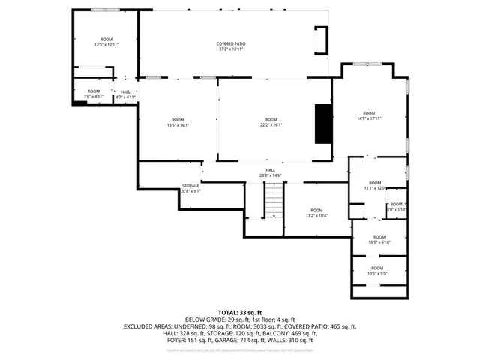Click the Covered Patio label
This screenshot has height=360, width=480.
click(232, 46)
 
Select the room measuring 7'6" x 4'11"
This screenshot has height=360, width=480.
click(91, 94)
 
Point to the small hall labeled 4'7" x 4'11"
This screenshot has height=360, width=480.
click(124, 94)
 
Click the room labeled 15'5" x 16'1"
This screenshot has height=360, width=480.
click(178, 122)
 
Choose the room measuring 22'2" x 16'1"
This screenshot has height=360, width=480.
click(271, 122)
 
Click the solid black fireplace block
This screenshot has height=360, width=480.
click(323, 123)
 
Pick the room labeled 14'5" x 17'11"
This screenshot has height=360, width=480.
click(368, 115)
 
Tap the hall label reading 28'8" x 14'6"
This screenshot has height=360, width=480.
click(270, 172)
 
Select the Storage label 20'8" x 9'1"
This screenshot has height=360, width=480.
click(190, 188)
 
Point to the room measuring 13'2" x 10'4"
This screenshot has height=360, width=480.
click(316, 212)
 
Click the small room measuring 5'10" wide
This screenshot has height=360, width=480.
click(397, 206)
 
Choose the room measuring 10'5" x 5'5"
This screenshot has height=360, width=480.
click(376, 270)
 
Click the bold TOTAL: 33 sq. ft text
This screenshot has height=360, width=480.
click(240, 311)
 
